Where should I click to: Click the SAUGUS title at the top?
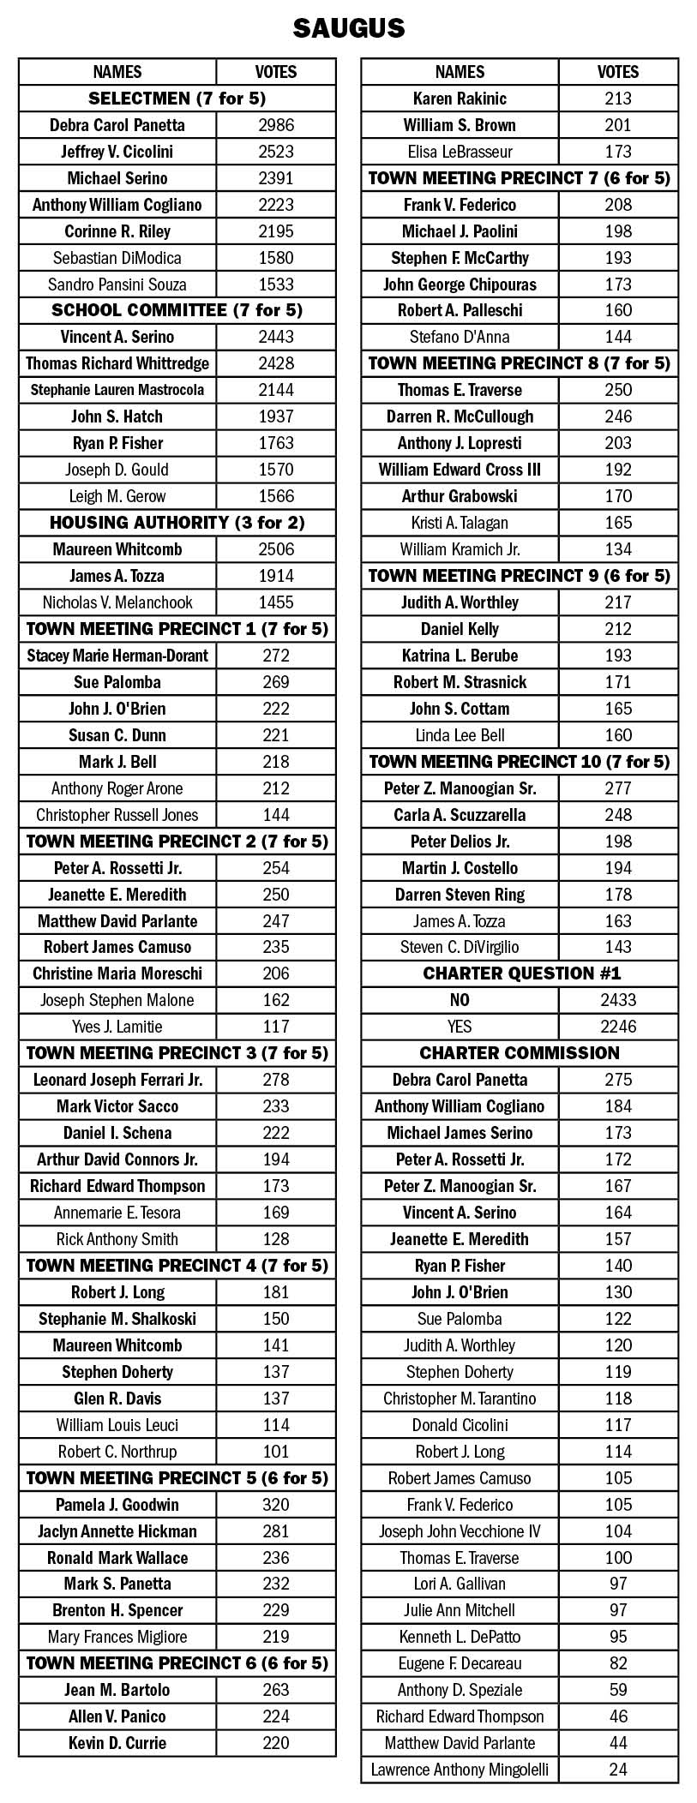[348, 28]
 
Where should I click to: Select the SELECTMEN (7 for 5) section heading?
[177, 99]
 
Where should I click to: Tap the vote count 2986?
[275, 125]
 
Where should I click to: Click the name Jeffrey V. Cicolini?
[117, 152]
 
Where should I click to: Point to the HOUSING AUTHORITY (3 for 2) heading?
[177, 523]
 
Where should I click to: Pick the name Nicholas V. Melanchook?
[117, 602]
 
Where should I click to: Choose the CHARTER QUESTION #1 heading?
[520, 973]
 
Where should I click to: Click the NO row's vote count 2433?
[617, 1000]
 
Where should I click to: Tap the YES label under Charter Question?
[460, 1027]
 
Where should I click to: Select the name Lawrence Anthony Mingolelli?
[460, 1769]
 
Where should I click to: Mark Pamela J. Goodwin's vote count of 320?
[275, 1505]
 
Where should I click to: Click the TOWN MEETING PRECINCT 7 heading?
[520, 178]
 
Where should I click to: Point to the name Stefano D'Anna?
[460, 337]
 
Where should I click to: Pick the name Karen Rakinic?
[460, 99]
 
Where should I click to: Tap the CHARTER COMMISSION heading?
[520, 1053]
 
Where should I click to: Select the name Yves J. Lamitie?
[117, 1027]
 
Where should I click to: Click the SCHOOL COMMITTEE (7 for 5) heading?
[177, 310]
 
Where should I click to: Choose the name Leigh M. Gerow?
[117, 496]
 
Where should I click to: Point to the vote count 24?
[617, 1769]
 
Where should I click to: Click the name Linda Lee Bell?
[460, 735]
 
